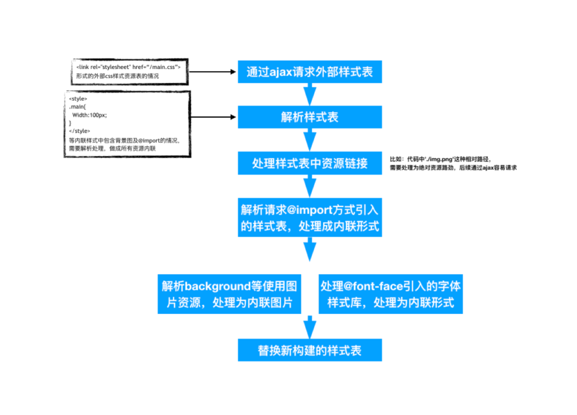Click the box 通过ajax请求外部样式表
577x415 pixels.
[310, 72]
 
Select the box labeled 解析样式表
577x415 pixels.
[310, 117]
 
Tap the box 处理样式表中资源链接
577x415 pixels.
[310, 163]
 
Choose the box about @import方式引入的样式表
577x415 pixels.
[310, 217]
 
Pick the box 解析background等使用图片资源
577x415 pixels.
[230, 294]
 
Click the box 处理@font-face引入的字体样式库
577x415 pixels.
[391, 294]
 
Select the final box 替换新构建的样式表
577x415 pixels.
[310, 350]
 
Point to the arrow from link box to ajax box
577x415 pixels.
[214, 71]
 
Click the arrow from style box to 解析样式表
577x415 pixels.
[214, 117]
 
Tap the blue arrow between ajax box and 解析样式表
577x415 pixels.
[310, 94]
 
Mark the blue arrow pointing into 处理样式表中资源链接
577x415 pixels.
[310, 140]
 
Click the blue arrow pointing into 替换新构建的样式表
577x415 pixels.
[310, 327]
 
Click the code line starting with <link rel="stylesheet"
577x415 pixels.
[129, 67]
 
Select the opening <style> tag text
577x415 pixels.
[78, 99]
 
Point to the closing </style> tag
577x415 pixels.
[80, 131]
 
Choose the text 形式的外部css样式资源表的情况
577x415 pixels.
[118, 76]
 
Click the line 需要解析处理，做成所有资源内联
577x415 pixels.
[112, 148]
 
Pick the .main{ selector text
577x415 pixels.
[77, 107]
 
